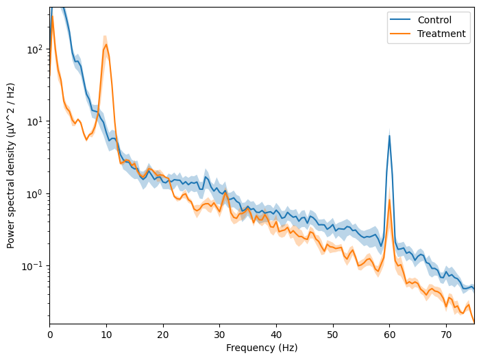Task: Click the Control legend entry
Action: point(434,20)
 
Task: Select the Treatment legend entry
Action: point(441,34)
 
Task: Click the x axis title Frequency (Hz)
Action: point(262,348)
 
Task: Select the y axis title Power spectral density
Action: point(11,165)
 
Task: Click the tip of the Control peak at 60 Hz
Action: point(389,135)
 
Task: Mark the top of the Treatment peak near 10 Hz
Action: point(106,45)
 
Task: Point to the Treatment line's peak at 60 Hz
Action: point(389,200)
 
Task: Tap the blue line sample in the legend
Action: point(400,20)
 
